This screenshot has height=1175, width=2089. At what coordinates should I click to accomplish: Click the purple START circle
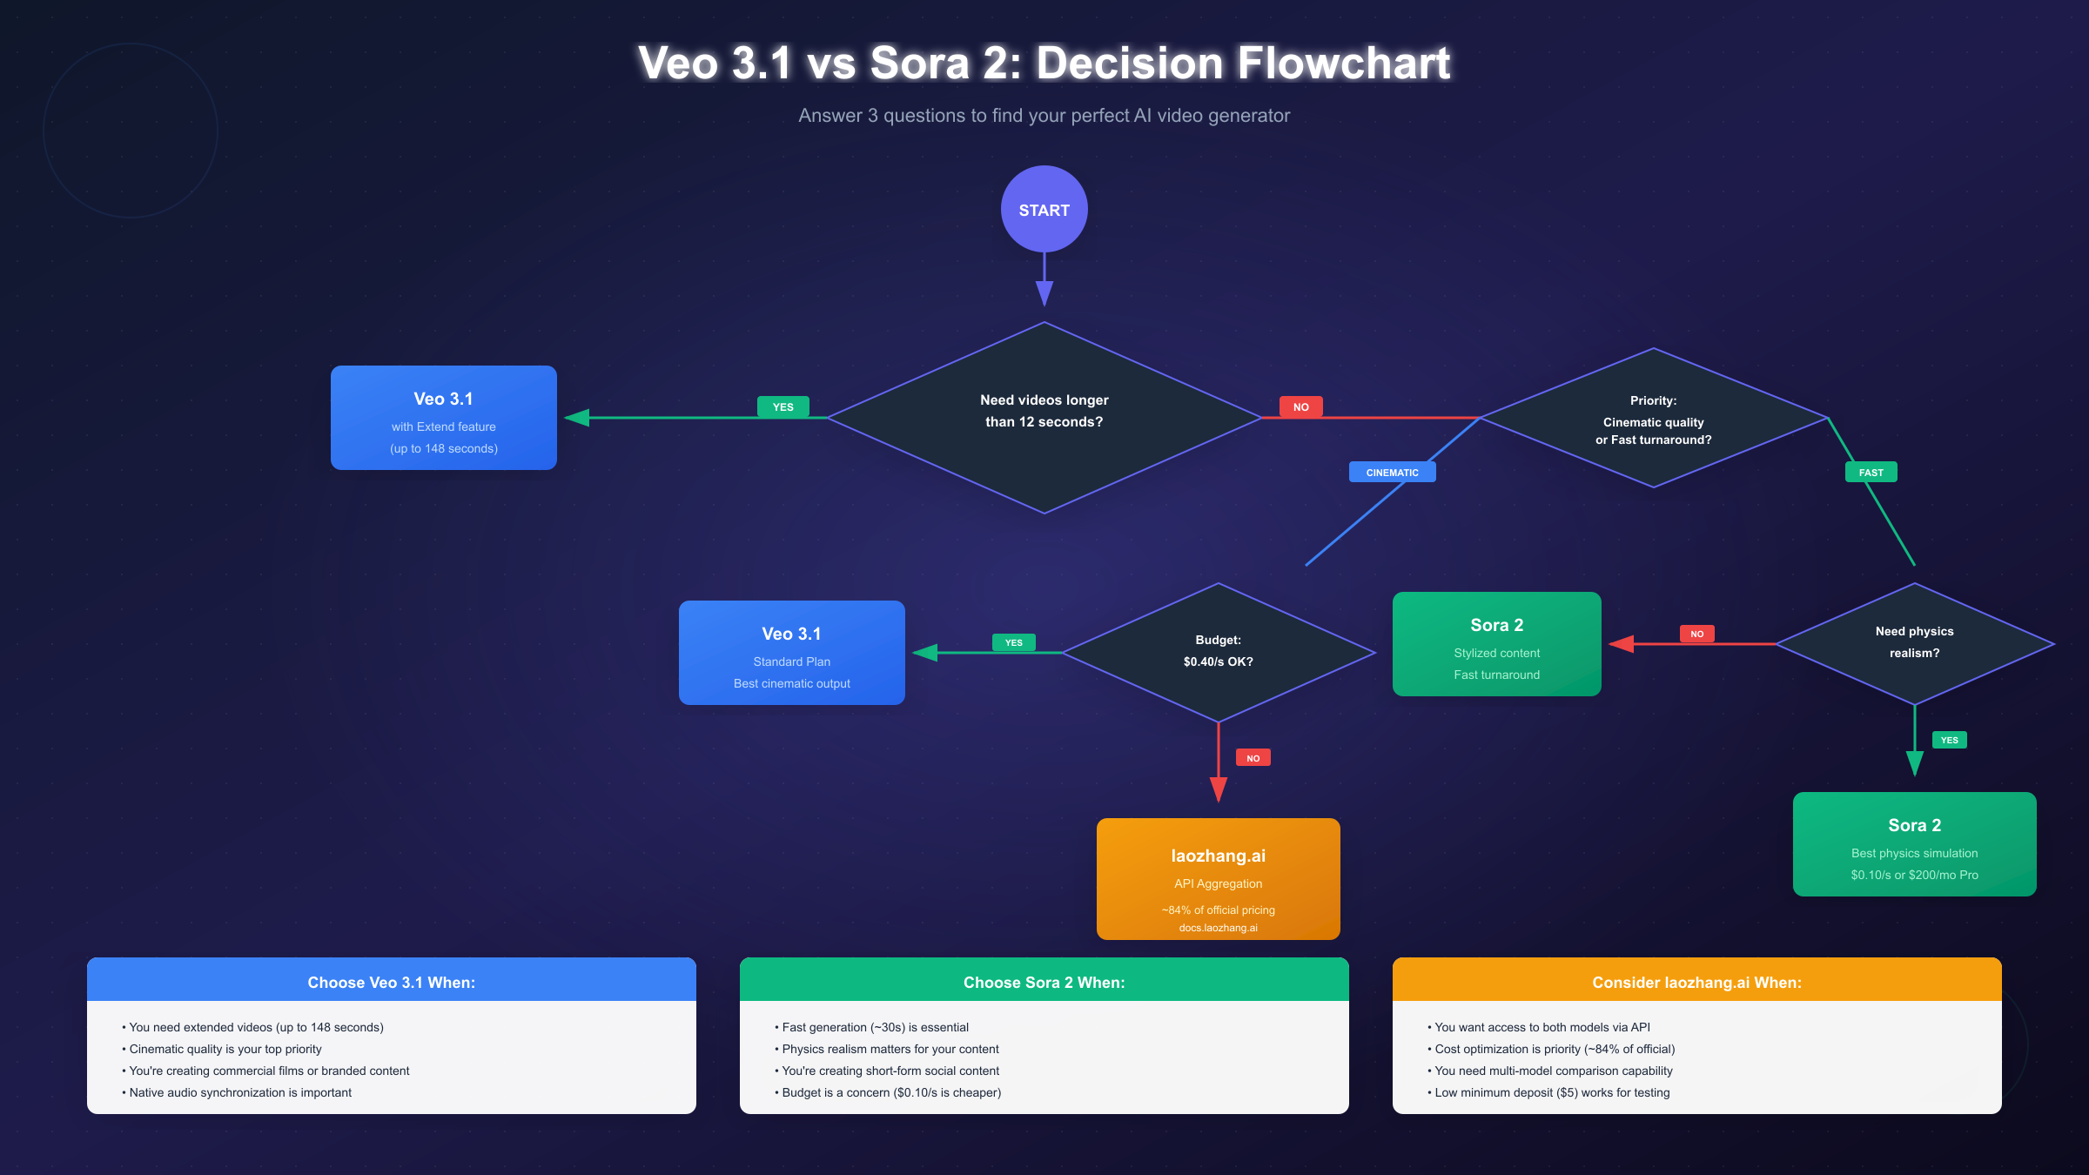pos(1044,210)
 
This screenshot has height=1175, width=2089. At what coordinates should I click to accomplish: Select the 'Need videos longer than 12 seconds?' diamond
pos(1044,418)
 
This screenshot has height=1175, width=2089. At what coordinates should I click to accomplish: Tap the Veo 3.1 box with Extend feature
pos(443,418)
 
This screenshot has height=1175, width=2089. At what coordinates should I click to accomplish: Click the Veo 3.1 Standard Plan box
pos(791,653)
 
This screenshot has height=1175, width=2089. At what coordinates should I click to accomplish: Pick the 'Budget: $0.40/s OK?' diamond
pos(1218,652)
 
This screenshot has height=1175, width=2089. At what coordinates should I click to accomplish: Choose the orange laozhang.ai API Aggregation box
pos(1218,879)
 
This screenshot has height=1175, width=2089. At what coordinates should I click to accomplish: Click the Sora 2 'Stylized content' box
pos(1496,644)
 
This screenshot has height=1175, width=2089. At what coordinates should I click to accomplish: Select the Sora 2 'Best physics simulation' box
pos(1914,844)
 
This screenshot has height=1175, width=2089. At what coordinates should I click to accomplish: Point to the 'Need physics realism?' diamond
pos(1914,643)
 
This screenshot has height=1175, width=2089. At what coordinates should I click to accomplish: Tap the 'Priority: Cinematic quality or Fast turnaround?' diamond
pos(1653,419)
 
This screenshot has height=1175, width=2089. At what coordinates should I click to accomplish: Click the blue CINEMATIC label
pos(1392,473)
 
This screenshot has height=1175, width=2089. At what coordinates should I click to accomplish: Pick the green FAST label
pos(1871,473)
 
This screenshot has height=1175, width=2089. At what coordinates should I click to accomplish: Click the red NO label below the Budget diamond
pos(1253,758)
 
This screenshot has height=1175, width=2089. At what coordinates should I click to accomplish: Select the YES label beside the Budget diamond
pos(1013,643)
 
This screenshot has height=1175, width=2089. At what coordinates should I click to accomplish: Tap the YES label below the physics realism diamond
pos(1949,741)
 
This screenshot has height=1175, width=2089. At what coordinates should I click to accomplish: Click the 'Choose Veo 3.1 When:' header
pos(391,982)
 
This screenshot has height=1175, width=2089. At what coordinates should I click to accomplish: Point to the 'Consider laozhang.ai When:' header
pos(1696,982)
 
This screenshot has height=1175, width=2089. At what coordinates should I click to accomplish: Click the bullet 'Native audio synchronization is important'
pos(240,1092)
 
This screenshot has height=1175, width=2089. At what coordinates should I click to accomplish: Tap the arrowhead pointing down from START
pos(1044,293)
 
